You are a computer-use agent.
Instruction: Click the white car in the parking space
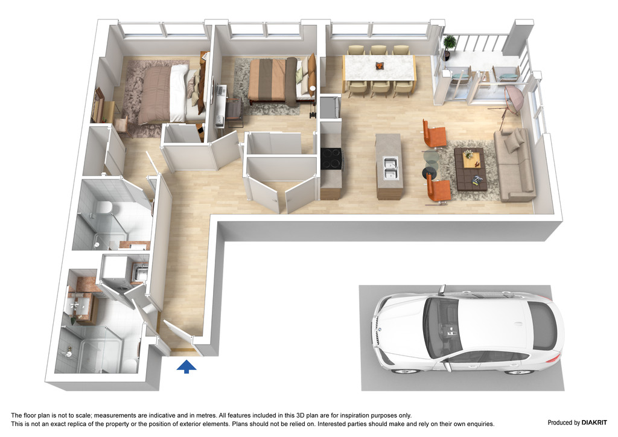tap(468, 330)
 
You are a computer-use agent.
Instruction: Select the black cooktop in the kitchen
tap(331, 158)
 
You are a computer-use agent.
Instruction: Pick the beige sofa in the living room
tap(514, 164)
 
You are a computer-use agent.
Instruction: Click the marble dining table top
tap(379, 68)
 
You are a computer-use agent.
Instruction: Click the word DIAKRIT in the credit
tap(594, 423)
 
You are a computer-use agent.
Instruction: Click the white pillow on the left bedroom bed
tap(179, 93)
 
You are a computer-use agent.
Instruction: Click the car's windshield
tap(441, 328)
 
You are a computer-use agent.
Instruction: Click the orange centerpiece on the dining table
tap(379, 65)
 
